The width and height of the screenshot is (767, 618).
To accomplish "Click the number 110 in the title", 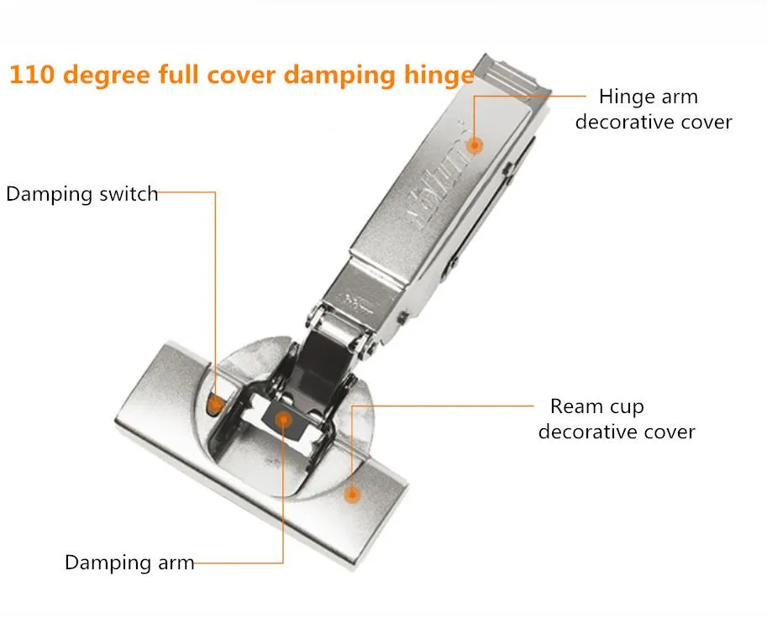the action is [x=31, y=75].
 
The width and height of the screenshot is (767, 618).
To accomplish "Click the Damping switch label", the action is [x=82, y=194].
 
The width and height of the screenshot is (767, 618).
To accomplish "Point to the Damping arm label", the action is [x=129, y=563].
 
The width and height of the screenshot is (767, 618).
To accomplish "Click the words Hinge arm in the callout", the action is [x=649, y=97].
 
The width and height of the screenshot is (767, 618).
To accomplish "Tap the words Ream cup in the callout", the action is [x=596, y=406].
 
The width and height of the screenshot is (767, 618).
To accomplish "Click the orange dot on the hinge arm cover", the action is [x=474, y=144].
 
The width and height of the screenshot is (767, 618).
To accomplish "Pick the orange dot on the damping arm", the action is [x=283, y=419].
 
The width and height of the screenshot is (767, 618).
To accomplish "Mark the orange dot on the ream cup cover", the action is [x=352, y=495].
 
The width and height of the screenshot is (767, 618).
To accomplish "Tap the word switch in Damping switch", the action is [x=129, y=194].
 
